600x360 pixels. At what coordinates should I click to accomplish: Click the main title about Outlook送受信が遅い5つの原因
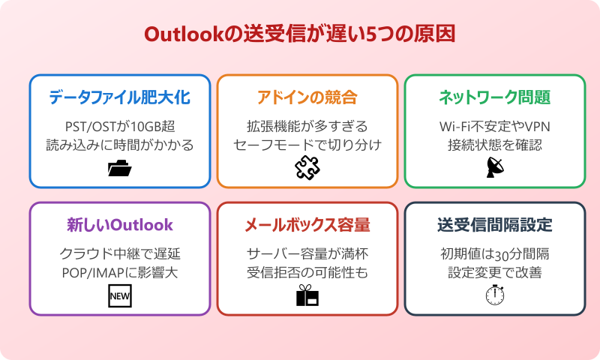(300, 35)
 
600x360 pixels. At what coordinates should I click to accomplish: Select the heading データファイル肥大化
(120, 97)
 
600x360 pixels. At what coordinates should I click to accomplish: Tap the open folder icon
(120, 169)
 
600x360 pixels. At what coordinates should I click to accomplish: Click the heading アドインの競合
(307, 97)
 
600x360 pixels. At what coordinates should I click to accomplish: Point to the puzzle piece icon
(307, 169)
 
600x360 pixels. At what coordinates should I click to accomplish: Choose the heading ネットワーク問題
(495, 97)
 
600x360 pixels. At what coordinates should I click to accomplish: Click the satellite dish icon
(495, 169)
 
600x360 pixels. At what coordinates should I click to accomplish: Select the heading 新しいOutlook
(120, 225)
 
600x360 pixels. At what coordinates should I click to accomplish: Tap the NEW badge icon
(120, 297)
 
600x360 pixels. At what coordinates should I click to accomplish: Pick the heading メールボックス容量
(307, 225)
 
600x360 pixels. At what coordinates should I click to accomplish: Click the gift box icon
(307, 297)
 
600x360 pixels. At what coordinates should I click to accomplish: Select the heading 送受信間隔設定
(495, 225)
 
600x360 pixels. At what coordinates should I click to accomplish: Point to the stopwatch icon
(495, 295)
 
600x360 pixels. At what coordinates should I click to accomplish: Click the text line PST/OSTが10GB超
(120, 125)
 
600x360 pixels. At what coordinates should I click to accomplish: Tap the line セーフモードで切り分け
(307, 145)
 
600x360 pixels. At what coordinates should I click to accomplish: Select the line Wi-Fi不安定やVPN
(495, 125)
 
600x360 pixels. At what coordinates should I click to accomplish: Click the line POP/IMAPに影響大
(120, 272)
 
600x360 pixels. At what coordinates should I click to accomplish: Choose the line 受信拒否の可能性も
(307, 272)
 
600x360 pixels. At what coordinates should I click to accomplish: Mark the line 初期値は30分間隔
(495, 253)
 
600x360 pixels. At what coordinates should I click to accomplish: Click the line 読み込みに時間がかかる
(120, 145)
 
